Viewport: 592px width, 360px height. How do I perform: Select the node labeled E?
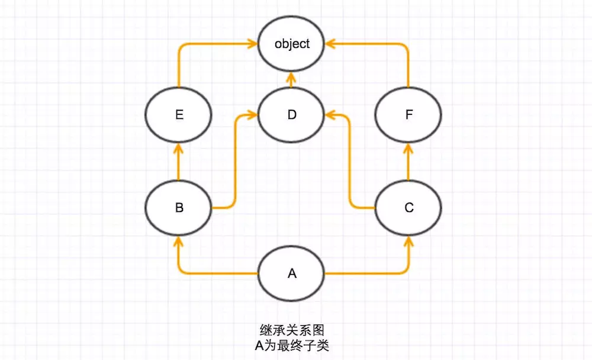click(179, 114)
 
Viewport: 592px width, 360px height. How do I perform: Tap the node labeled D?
click(291, 114)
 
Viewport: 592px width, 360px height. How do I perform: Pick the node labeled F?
click(408, 114)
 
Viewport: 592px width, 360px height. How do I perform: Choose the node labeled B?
click(179, 208)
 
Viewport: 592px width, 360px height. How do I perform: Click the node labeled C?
click(408, 208)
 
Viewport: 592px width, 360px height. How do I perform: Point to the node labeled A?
click(291, 273)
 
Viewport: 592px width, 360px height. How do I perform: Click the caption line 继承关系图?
click(291, 330)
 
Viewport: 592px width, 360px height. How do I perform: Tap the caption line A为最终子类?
click(291, 345)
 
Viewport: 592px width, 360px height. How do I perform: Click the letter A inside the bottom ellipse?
click(291, 273)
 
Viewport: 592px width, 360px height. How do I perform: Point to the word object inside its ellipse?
click(292, 44)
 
